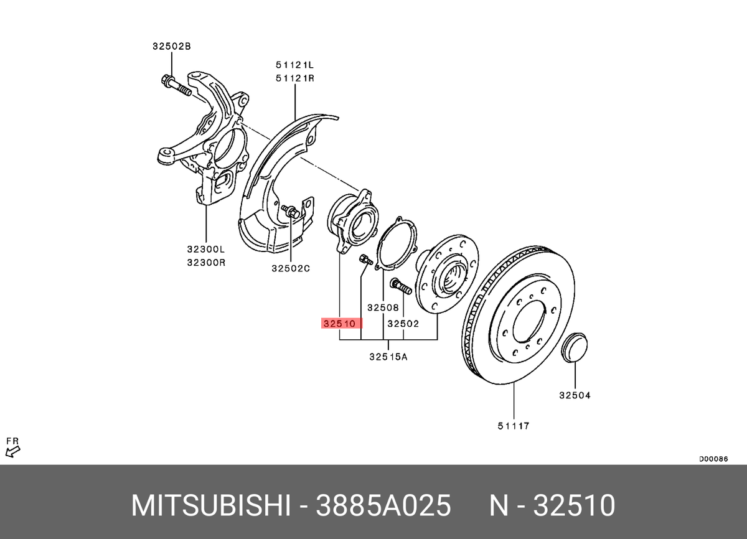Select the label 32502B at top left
pos(171,46)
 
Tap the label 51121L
pos(295,64)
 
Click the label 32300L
pos(205,249)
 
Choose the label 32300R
pos(205,262)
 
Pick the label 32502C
pos(290,268)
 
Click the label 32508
pos(382,307)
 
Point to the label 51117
pos(513,426)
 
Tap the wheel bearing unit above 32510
pos(351,222)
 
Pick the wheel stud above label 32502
pos(401,287)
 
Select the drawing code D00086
pos(713,459)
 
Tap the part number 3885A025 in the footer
pos(383,507)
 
